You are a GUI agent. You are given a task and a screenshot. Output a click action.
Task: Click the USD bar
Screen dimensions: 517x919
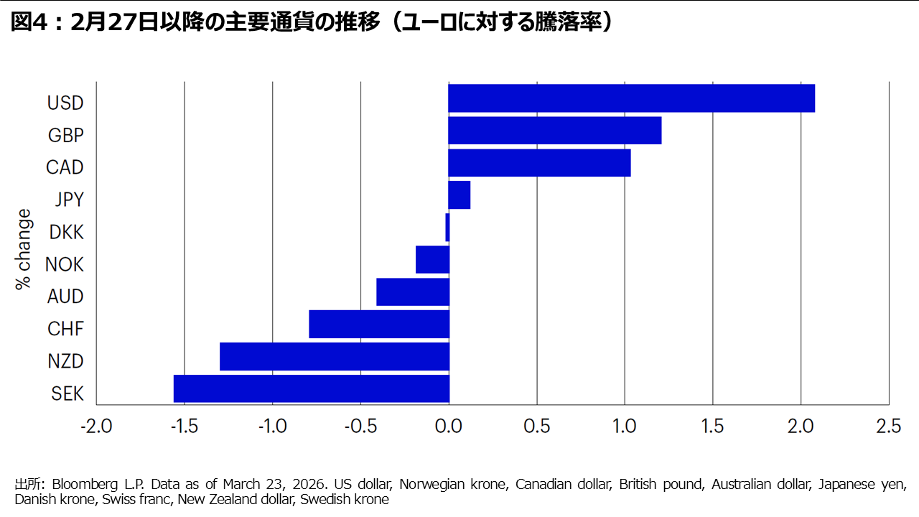point(631,98)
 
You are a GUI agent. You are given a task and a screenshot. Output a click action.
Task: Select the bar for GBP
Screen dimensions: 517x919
point(554,131)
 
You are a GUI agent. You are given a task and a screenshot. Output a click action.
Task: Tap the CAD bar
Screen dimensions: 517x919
point(539,163)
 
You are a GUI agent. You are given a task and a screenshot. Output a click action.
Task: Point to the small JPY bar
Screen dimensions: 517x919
point(459,195)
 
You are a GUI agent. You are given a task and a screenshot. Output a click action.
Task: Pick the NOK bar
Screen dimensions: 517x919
point(432,259)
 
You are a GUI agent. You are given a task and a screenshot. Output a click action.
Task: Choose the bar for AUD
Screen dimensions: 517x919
point(413,292)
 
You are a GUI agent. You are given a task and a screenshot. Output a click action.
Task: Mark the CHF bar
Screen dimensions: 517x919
point(379,324)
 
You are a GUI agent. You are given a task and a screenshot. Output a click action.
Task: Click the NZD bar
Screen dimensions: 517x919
point(335,356)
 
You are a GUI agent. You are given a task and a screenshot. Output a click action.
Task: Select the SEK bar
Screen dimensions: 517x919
point(312,388)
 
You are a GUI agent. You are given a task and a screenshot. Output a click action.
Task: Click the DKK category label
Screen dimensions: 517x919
point(66,232)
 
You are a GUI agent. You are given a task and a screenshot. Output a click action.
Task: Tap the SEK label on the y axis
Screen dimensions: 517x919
point(67,393)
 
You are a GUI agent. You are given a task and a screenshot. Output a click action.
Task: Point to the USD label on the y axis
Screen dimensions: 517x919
point(65,103)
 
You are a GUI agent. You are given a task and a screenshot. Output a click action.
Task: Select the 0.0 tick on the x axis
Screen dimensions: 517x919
point(449,427)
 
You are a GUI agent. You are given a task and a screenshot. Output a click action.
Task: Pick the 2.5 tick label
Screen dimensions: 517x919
point(889,427)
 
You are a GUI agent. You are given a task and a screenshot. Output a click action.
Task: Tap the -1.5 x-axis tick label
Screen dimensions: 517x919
point(184,427)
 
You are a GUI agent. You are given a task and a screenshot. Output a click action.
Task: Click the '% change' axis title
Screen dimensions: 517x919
point(24,249)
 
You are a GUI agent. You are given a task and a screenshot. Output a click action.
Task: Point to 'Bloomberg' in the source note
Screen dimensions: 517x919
point(80,484)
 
